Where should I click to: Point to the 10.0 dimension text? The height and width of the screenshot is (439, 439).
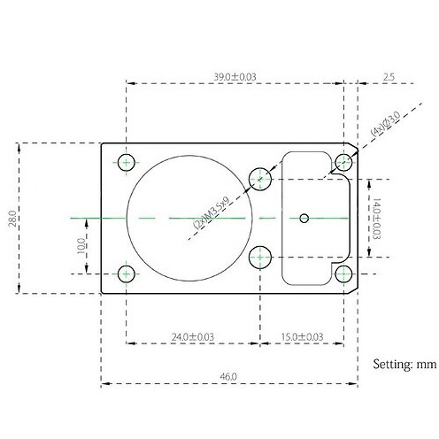click(81, 243)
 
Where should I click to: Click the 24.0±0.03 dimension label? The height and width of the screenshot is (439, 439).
click(193, 336)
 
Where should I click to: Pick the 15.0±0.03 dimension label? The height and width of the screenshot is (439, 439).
click(302, 336)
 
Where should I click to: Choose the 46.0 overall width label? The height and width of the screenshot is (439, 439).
click(228, 377)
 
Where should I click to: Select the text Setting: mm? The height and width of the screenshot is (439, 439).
click(404, 363)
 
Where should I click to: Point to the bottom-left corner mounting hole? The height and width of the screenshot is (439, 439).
click(127, 272)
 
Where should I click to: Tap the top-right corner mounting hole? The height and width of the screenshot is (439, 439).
click(344, 161)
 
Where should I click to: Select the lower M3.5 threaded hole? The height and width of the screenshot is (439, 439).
click(260, 258)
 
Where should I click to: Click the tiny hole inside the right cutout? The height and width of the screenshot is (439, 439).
click(304, 217)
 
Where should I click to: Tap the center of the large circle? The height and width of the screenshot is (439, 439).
click(189, 217)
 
